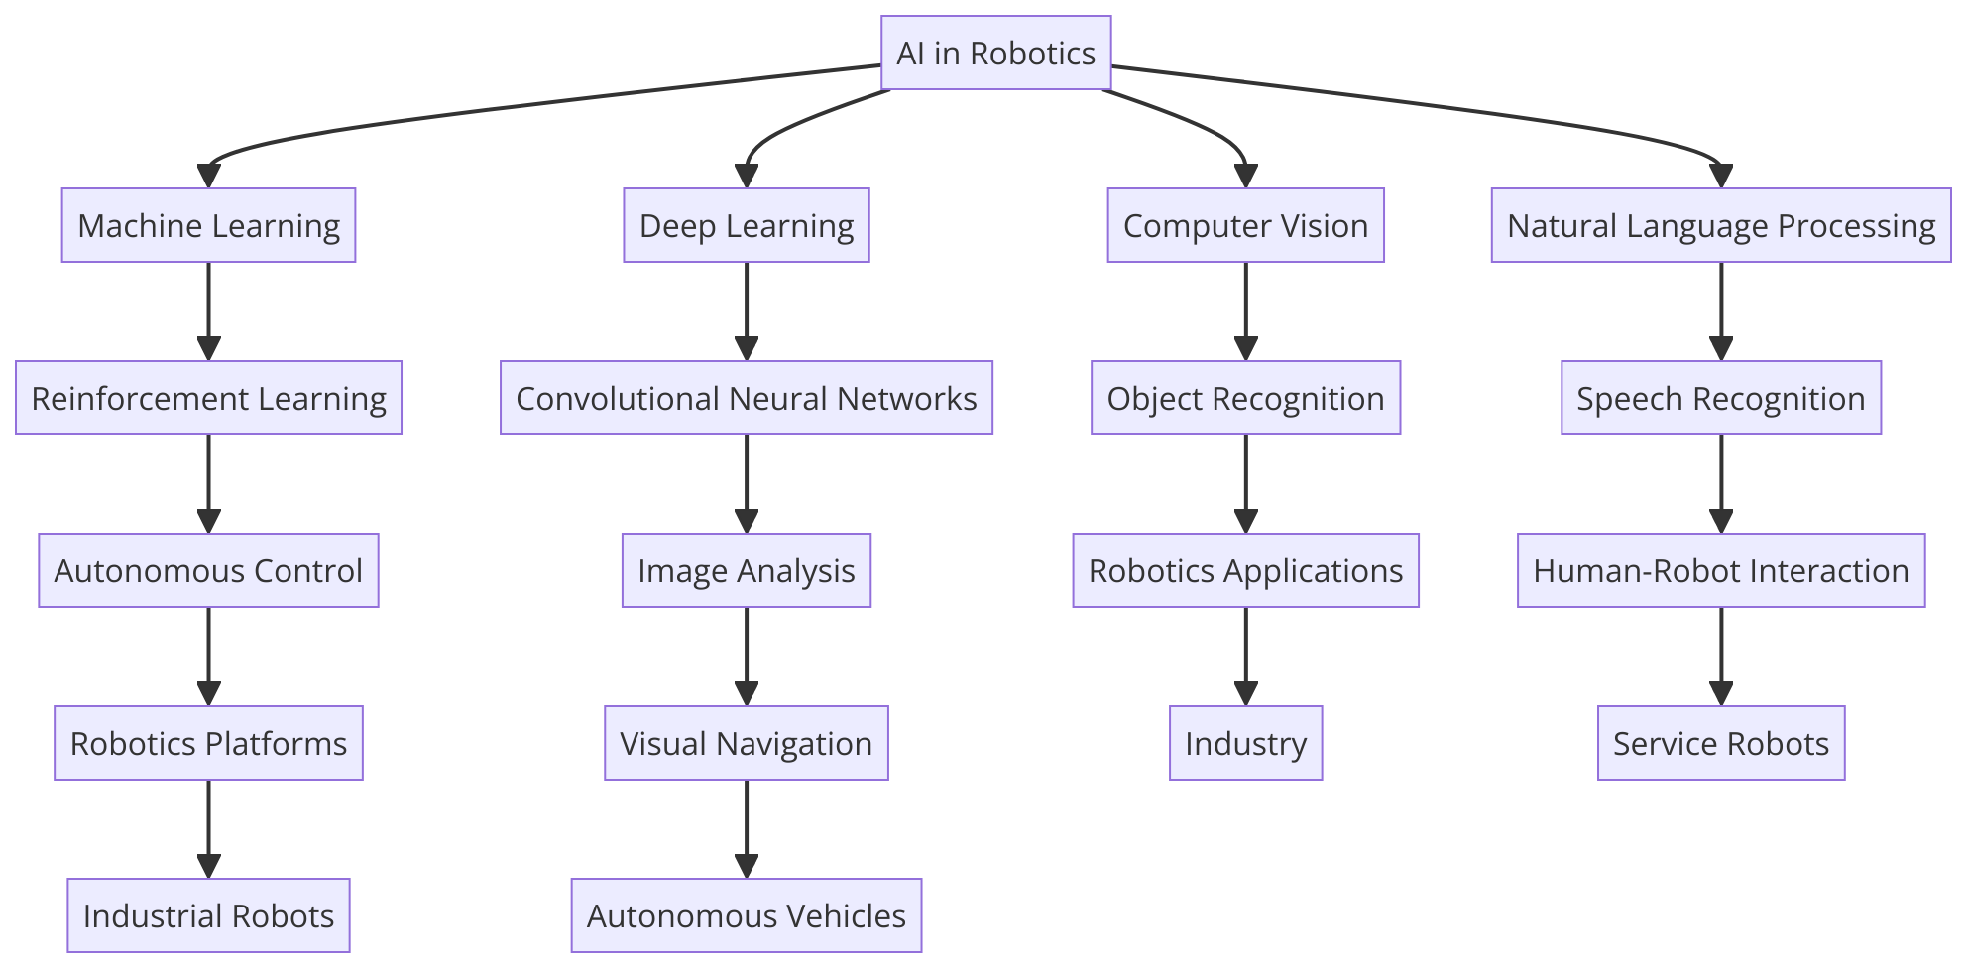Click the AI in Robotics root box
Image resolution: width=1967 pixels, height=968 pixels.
tap(995, 53)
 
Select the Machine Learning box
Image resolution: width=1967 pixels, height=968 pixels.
tap(208, 225)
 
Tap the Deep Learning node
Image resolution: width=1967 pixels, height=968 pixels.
tap(746, 225)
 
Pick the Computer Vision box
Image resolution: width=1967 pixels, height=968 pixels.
tap(1245, 225)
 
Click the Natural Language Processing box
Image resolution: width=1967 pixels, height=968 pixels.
tap(1720, 225)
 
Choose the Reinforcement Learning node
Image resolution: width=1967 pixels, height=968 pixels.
tap(208, 398)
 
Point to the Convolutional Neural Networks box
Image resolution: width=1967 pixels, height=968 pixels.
tap(746, 398)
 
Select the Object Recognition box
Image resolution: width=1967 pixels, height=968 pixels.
tap(1245, 398)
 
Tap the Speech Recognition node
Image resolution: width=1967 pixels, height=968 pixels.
tap(1720, 398)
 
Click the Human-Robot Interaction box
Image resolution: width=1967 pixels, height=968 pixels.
tap(1720, 570)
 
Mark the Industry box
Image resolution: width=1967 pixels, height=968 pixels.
tap(1245, 743)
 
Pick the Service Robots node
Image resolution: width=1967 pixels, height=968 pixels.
tap(1720, 743)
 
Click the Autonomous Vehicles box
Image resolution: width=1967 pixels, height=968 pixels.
tap(746, 915)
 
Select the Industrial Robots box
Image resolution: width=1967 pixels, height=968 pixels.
tap(208, 915)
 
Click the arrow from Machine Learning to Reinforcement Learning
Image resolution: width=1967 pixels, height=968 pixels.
tap(208, 307)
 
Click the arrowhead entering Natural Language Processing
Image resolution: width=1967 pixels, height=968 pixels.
tap(1720, 176)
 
